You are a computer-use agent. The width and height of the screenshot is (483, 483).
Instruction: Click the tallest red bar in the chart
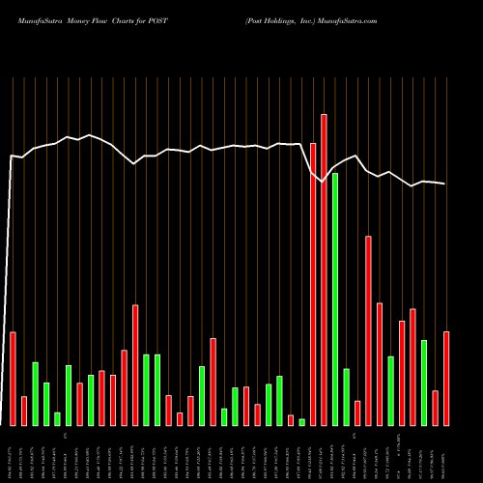pyautogui.click(x=324, y=270)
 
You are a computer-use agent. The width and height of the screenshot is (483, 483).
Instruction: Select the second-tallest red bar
pyautogui.click(x=313, y=284)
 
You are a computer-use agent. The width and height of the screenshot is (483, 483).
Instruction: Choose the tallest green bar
pyautogui.click(x=335, y=299)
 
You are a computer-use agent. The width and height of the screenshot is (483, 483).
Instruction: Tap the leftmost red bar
pyautogui.click(x=14, y=379)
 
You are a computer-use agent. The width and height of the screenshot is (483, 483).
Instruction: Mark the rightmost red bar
pyautogui.click(x=446, y=379)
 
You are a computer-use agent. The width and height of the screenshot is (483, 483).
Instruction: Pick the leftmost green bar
pyautogui.click(x=36, y=394)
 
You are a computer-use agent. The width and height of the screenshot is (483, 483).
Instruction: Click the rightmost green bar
pyautogui.click(x=424, y=383)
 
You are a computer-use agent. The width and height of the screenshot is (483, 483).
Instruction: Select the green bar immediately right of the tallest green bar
pyautogui.click(x=346, y=397)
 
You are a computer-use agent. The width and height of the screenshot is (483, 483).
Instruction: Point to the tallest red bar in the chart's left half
pyautogui.click(x=135, y=365)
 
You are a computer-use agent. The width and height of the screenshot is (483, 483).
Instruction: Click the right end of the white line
pyautogui.click(x=445, y=184)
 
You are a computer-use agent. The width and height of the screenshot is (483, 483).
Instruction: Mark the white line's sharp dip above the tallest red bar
pyautogui.click(x=323, y=182)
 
